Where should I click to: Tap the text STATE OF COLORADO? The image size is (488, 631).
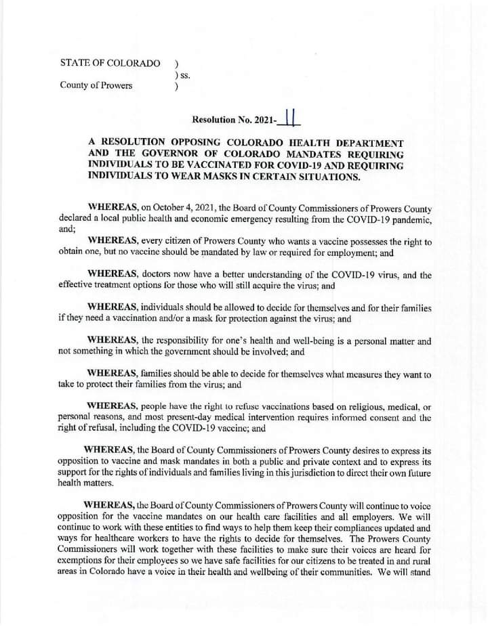pos(110,63)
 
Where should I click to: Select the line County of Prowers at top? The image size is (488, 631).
pos(96,86)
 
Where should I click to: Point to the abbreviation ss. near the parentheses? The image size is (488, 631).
pos(184,74)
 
